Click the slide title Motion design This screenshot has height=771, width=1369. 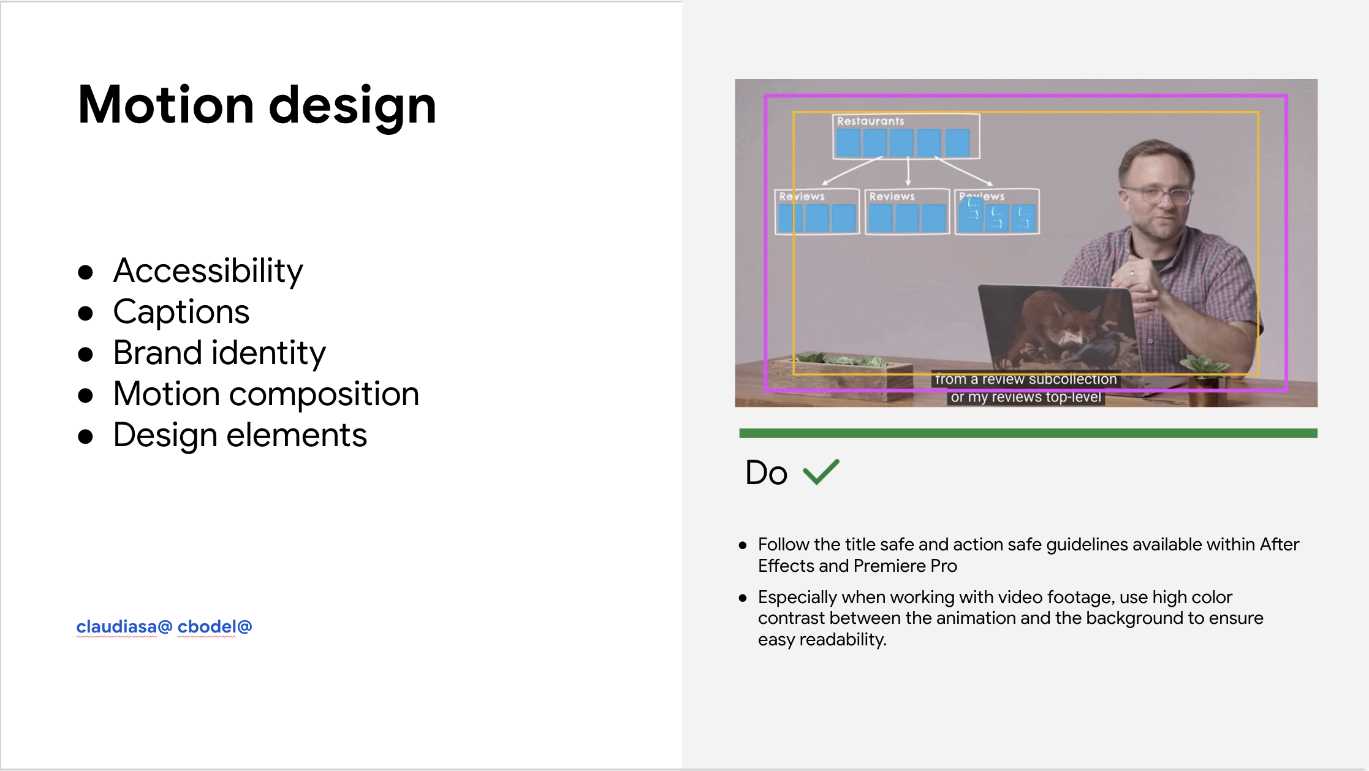point(257,105)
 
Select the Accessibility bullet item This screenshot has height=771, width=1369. point(208,271)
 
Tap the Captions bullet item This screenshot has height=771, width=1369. point(181,313)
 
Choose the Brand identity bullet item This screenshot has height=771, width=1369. point(219,354)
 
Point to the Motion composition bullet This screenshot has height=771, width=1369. point(266,394)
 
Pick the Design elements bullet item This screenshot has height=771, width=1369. point(240,435)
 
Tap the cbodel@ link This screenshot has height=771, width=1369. point(214,626)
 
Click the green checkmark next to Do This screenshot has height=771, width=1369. point(821,472)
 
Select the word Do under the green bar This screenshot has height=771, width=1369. point(766,473)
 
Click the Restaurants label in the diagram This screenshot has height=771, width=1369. point(870,121)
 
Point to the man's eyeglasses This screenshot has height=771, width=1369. point(1158,195)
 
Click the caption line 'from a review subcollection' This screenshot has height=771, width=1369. point(1026,379)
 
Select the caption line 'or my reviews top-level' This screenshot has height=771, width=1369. point(1026,397)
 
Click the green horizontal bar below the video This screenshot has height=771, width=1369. point(1028,433)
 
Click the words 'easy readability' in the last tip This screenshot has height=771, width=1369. point(822,640)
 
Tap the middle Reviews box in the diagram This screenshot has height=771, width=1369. point(908,211)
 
